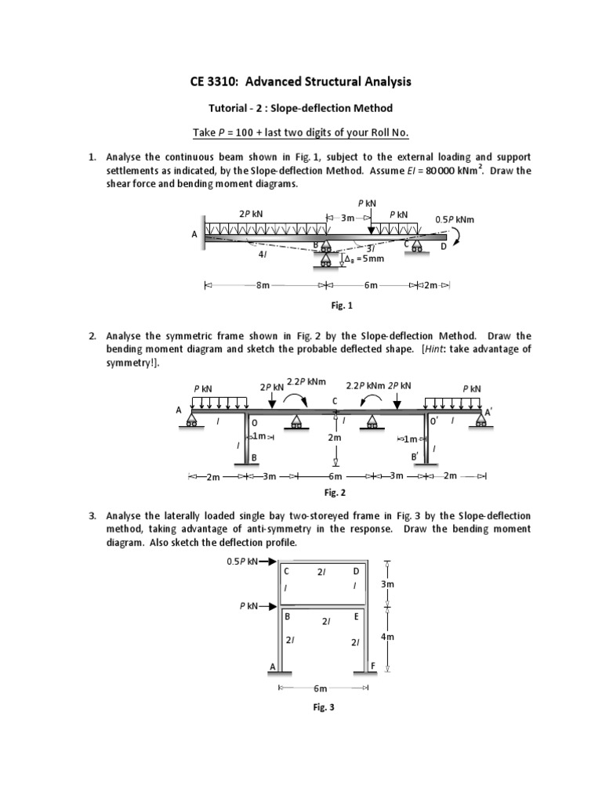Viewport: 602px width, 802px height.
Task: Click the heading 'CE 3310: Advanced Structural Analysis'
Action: tap(300, 81)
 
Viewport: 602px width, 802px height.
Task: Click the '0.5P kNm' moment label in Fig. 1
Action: tap(454, 220)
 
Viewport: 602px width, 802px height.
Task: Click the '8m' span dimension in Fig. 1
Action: tap(263, 287)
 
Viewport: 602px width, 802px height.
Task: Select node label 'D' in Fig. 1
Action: tap(443, 247)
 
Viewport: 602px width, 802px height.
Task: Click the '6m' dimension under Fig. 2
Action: tap(335, 476)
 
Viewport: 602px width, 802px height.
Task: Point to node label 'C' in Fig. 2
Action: tap(335, 401)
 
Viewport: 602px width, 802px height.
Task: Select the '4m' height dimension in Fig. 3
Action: tap(386, 638)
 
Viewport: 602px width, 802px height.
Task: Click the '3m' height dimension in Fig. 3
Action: tap(387, 584)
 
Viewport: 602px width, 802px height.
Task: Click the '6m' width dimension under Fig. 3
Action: tap(320, 688)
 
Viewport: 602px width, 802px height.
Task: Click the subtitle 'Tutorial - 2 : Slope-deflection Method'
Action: tap(300, 107)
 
